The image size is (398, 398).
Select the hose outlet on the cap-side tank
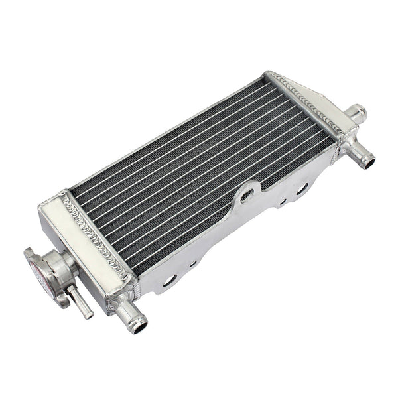[130, 315]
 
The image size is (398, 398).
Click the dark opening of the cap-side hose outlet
[139, 326]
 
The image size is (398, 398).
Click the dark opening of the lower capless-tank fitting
[368, 162]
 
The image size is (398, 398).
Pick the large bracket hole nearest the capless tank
[302, 188]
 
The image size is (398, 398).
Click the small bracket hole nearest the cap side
[193, 263]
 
